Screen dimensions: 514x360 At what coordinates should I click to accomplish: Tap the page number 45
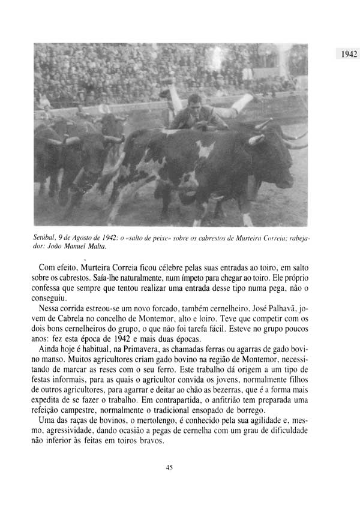click(169, 468)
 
